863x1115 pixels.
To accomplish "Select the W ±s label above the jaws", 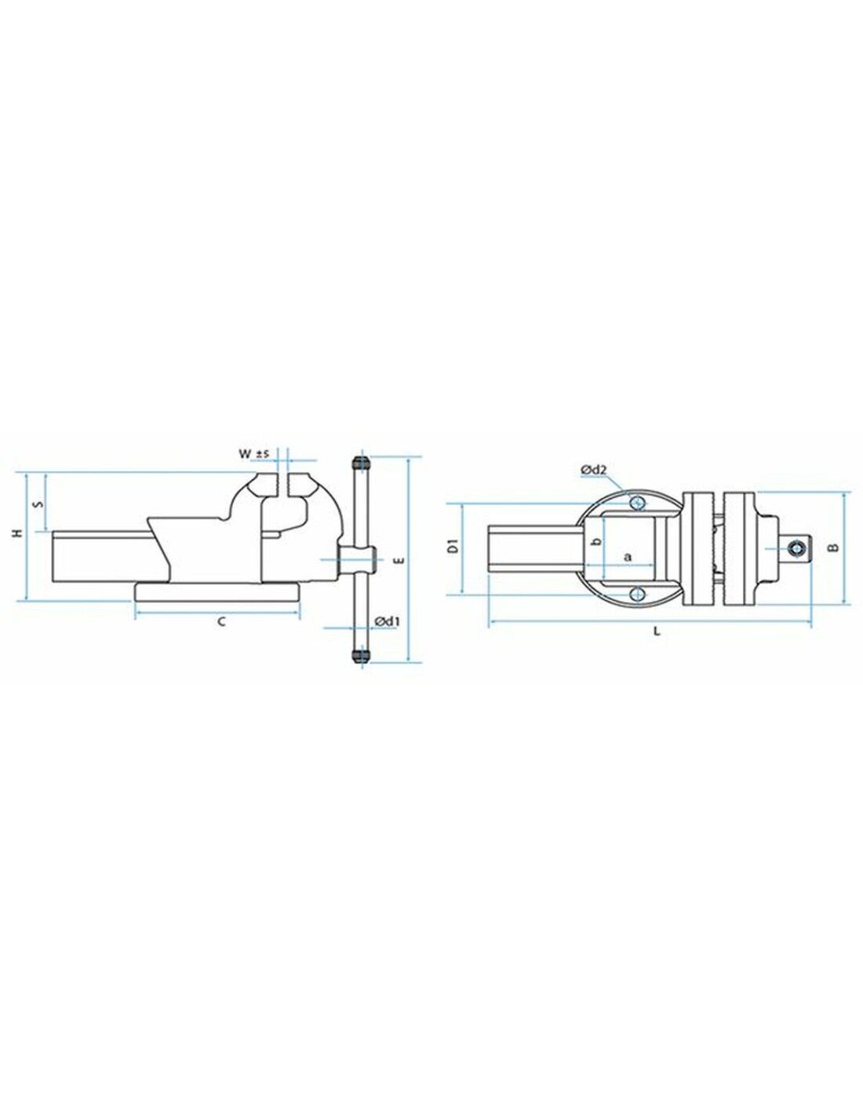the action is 255,453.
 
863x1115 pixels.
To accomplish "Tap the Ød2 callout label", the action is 594,469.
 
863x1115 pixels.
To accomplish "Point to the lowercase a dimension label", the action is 627,556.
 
